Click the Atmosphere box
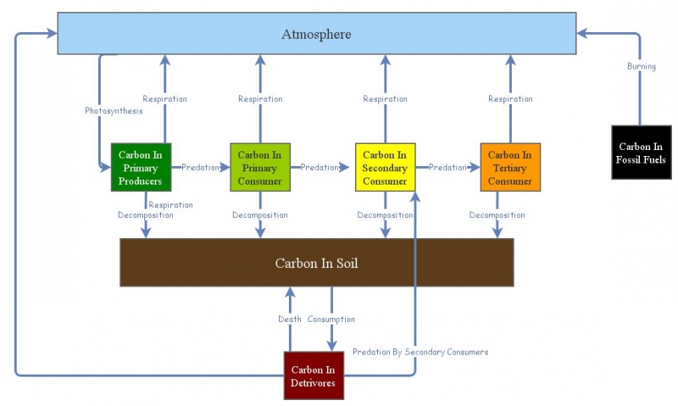316,34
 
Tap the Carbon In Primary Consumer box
259,168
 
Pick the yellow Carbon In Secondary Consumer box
385,168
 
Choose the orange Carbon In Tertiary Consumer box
510,168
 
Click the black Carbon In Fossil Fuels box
642,153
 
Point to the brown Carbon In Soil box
316,263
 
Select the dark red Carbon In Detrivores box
314,376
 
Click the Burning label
642,66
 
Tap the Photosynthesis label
114,111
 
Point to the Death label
290,320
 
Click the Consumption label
331,320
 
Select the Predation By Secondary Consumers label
420,352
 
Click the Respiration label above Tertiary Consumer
510,99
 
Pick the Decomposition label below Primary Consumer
260,215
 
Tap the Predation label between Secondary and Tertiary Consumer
447,168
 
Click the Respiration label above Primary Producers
164,99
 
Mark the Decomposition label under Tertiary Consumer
497,215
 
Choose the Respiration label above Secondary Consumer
385,99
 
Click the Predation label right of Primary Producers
200,168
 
